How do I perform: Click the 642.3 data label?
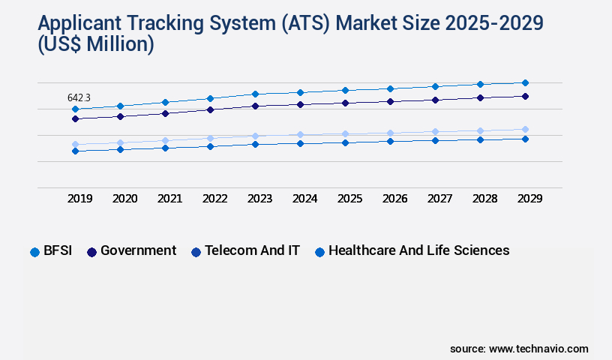[x=79, y=97]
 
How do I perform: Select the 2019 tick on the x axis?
[x=79, y=199]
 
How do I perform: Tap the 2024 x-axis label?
[x=304, y=199]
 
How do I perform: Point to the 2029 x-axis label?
[x=529, y=199]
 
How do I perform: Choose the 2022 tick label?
[x=214, y=199]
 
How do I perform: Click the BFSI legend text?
[x=58, y=250]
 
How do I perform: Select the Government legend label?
[x=138, y=250]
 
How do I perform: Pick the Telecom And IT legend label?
[x=252, y=250]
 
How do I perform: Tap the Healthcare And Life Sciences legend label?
[x=418, y=250]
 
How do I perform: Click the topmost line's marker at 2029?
[x=525, y=82]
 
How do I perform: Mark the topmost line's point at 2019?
[x=75, y=109]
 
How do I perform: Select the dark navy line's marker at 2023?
[x=255, y=106]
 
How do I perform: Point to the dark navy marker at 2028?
[x=480, y=97]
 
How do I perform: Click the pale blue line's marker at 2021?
[x=165, y=140]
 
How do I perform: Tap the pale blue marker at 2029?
[x=525, y=129]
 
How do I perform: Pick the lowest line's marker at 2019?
[x=75, y=151]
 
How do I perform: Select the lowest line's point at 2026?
[x=390, y=141]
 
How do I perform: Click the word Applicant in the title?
[x=75, y=22]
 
